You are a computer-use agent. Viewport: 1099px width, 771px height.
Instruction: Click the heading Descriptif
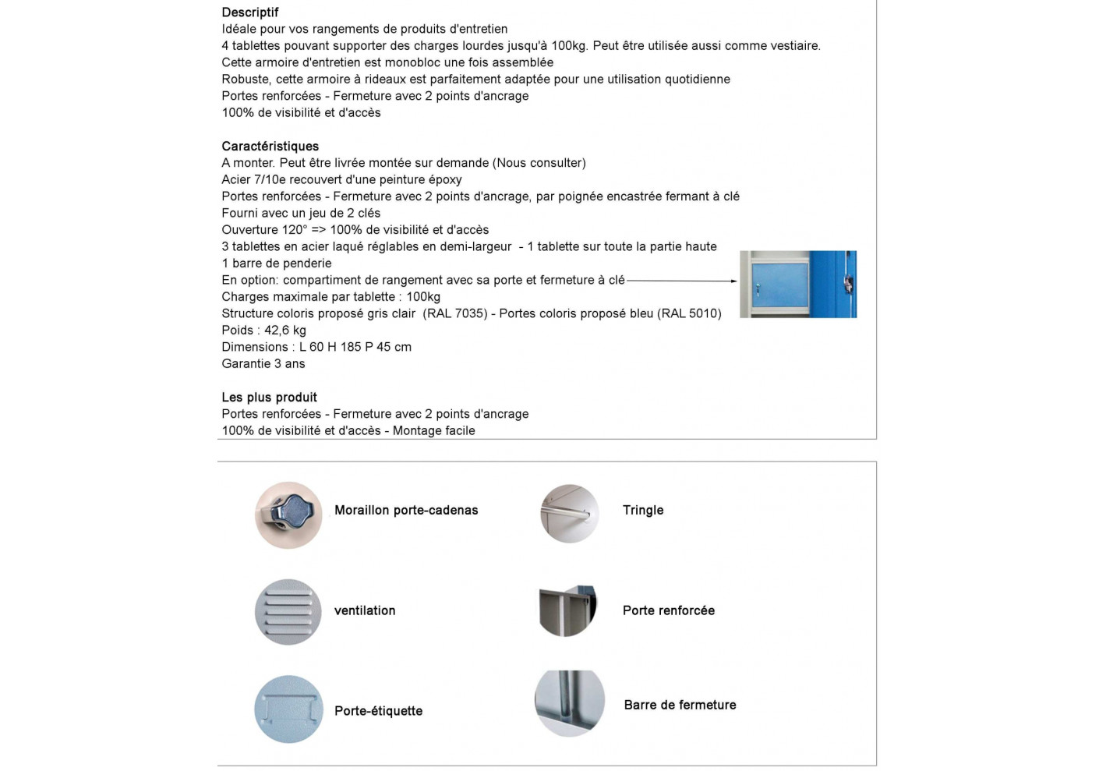click(249, 12)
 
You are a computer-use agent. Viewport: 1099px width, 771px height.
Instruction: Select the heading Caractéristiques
click(270, 147)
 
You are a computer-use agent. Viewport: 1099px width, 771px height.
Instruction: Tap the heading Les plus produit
click(269, 398)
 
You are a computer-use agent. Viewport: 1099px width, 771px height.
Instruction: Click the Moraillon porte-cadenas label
click(406, 511)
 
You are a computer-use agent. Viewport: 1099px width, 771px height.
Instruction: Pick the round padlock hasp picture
click(288, 515)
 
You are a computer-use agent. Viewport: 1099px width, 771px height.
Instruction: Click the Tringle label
click(643, 511)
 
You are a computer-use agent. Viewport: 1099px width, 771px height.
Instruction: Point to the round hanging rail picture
click(570, 514)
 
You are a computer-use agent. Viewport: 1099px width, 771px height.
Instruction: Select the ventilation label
click(365, 611)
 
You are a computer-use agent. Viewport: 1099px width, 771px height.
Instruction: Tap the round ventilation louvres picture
click(288, 612)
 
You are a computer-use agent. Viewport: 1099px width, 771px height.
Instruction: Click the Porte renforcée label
click(669, 611)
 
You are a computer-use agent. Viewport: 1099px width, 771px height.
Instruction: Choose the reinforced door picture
click(568, 610)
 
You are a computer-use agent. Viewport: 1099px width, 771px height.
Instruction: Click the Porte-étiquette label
click(378, 711)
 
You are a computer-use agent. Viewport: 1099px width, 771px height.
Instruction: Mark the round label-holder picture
click(288, 709)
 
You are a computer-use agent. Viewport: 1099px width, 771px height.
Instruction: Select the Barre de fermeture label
click(680, 706)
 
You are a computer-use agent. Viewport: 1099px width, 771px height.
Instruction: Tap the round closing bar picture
click(570, 703)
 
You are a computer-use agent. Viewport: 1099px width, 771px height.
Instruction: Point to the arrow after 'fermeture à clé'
click(682, 281)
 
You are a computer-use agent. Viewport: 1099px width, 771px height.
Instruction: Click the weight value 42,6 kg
click(285, 331)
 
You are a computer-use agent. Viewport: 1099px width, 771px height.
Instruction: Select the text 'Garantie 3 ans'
click(263, 364)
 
